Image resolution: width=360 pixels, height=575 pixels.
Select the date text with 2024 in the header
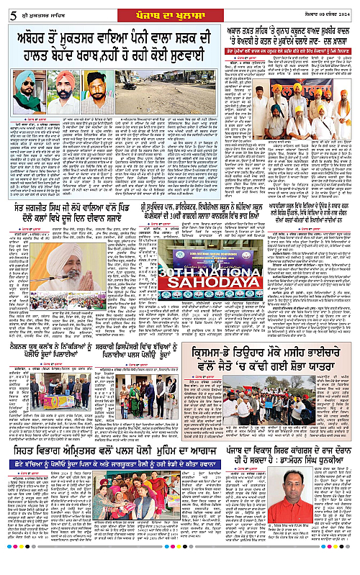[x=328, y=8]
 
